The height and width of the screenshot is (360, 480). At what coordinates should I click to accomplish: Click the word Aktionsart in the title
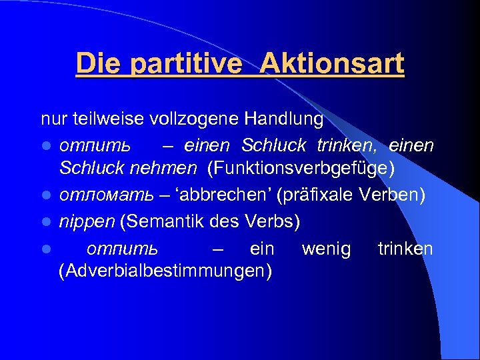[x=332, y=65]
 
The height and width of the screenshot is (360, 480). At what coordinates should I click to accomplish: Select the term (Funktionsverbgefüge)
[x=301, y=168]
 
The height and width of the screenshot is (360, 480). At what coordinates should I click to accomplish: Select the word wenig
[x=326, y=249]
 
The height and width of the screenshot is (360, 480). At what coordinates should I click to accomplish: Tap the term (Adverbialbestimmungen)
[x=165, y=271]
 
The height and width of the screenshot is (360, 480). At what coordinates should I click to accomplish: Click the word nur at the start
[x=51, y=121]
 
